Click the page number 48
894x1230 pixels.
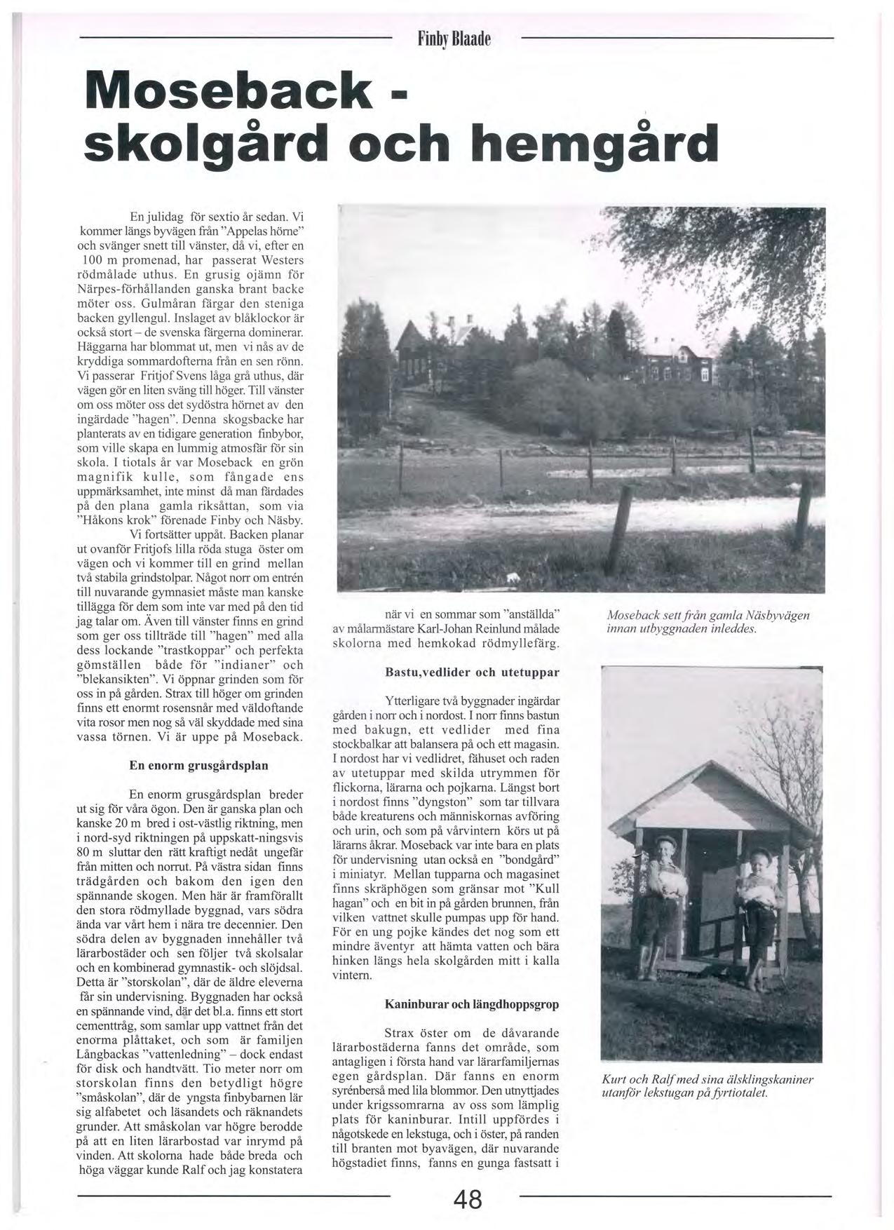pos(468,1199)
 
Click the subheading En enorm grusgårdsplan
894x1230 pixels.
pos(198,766)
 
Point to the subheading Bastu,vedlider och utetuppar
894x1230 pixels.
pos(472,673)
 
